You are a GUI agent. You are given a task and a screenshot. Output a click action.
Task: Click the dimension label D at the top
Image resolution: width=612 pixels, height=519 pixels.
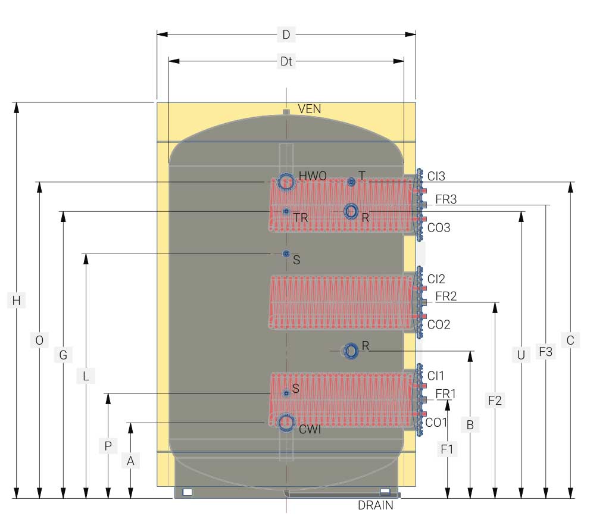click(286, 35)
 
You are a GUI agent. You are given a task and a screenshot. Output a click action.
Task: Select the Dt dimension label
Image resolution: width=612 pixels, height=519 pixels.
click(286, 61)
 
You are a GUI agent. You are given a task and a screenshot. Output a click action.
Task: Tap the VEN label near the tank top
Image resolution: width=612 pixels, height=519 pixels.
click(310, 109)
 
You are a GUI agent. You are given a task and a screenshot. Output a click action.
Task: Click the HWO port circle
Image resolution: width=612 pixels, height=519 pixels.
click(286, 182)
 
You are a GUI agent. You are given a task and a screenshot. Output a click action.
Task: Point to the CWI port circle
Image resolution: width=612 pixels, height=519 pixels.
click(286, 423)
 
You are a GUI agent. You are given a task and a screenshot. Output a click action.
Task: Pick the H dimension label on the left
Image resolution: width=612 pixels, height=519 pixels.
click(17, 301)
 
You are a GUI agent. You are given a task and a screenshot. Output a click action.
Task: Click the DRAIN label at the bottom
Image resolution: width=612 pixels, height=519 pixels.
click(376, 505)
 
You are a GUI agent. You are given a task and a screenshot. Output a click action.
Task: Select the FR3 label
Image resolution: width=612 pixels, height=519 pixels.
click(446, 199)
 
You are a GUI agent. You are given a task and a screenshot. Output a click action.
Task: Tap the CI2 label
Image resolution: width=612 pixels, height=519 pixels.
click(436, 279)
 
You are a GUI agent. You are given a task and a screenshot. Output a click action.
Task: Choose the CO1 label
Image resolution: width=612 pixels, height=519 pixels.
click(436, 422)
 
